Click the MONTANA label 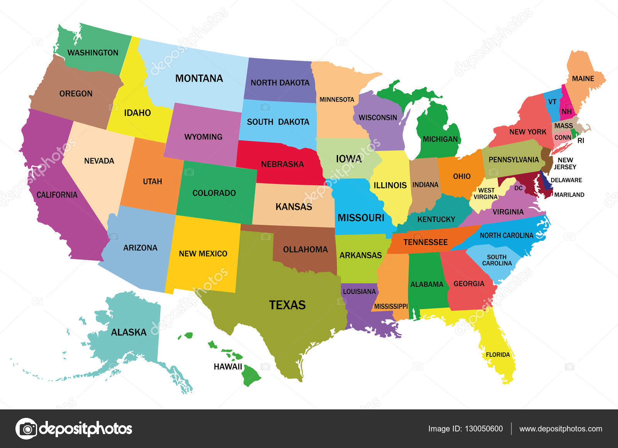point(199,78)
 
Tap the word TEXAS point(287,305)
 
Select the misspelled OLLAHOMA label point(305,249)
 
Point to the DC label point(518,188)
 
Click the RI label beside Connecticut point(581,141)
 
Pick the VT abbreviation point(552,102)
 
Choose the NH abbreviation point(567,112)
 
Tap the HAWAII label point(228,367)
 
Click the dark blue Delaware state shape point(545,182)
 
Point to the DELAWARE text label point(566,180)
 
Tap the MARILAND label point(569,195)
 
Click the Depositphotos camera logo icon point(26,429)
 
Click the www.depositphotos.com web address point(560,429)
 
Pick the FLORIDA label point(497,355)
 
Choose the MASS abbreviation point(564,126)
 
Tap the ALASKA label point(129,332)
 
